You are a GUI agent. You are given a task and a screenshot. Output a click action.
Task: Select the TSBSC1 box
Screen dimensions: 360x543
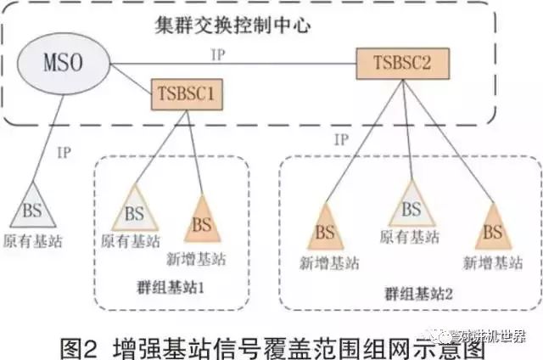(x=187, y=93)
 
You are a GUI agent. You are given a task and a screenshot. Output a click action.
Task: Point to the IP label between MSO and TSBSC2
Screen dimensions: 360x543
(x=217, y=53)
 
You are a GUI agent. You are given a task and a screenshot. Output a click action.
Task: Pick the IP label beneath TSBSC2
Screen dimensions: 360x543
(x=341, y=138)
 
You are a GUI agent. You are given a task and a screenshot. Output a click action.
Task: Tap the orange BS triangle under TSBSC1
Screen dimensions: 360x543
(x=202, y=224)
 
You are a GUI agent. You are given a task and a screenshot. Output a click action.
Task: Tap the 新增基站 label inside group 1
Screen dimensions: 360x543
(x=202, y=258)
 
